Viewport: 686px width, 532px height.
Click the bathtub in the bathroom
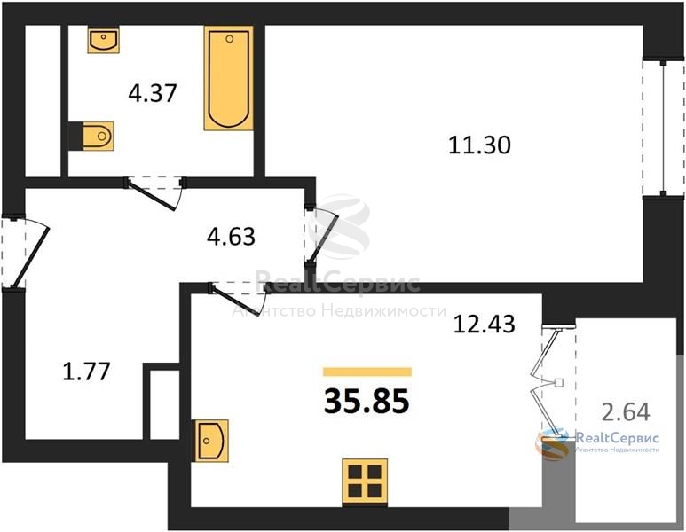click(x=228, y=78)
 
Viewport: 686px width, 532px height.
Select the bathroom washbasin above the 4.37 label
click(x=103, y=40)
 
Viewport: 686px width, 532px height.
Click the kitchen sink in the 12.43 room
click(x=212, y=441)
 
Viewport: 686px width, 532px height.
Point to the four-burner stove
click(x=365, y=481)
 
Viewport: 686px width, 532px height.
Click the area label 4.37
click(x=153, y=93)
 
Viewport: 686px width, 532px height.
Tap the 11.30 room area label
click(x=479, y=145)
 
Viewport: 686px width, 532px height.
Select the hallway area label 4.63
click(x=231, y=237)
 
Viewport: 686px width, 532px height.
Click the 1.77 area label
click(x=87, y=372)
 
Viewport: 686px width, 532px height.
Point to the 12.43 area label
click(x=485, y=325)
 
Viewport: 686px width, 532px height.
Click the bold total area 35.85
click(x=367, y=402)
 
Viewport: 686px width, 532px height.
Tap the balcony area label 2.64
click(x=626, y=411)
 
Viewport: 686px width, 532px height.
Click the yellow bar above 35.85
click(x=367, y=372)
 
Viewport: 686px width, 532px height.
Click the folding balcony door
click(x=548, y=381)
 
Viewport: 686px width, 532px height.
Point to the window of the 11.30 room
click(x=664, y=129)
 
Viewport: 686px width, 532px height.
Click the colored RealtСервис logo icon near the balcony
click(x=552, y=442)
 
